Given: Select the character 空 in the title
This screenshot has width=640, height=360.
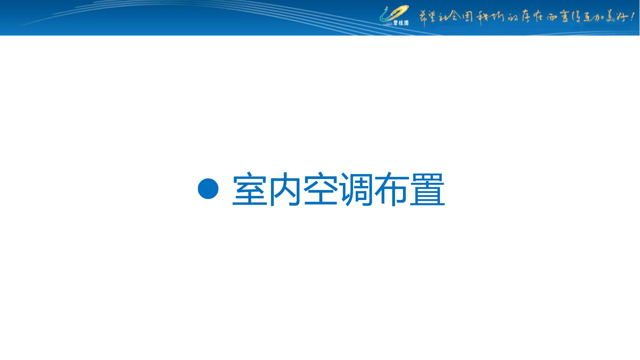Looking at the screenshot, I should pyautogui.click(x=321, y=189).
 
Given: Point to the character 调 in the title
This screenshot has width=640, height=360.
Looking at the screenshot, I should pyautogui.click(x=357, y=189).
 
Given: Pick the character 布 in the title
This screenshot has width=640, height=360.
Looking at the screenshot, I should pyautogui.click(x=392, y=189).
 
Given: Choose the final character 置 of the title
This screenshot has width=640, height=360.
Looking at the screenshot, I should pyautogui.click(x=428, y=189).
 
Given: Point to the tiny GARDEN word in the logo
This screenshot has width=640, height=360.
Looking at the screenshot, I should pyautogui.click(x=388, y=24).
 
